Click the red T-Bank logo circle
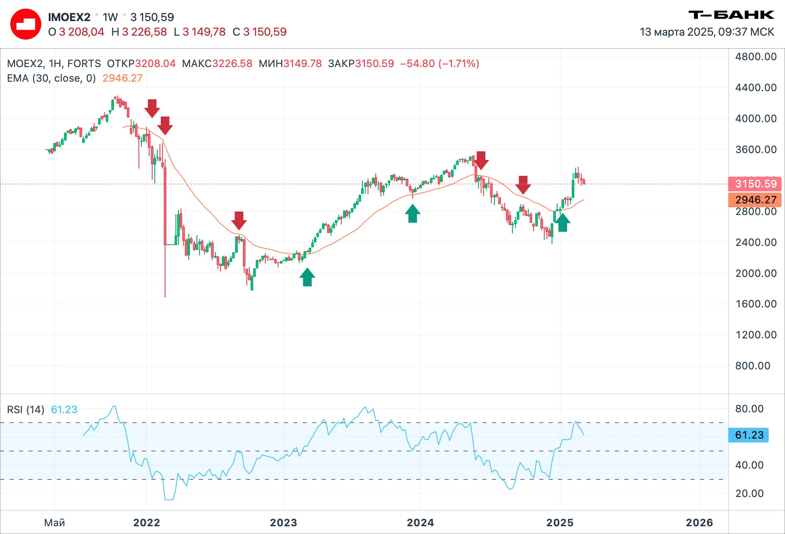click(26, 25)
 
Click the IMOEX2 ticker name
click(69, 17)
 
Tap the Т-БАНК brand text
click(731, 15)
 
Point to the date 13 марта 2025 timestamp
click(707, 32)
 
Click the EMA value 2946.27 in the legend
click(123, 78)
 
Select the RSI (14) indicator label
click(26, 409)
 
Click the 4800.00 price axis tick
click(756, 57)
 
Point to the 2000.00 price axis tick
click(756, 273)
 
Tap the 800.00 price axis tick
click(753, 366)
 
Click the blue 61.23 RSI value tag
click(748, 435)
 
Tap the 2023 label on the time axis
click(283, 523)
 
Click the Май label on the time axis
click(55, 523)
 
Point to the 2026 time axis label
click(699, 523)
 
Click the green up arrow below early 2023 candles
click(307, 277)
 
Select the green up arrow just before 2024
click(413, 213)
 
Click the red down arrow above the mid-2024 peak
click(481, 160)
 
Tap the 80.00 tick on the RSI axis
click(749, 409)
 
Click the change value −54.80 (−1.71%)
click(440, 64)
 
